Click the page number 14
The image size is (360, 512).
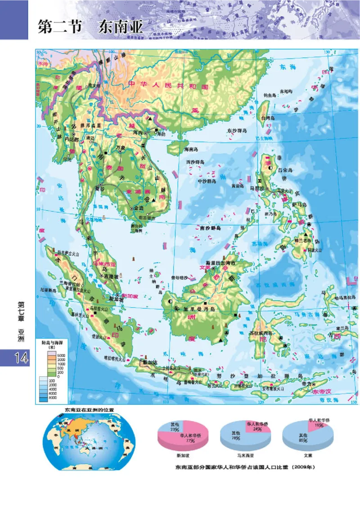pos(15,358)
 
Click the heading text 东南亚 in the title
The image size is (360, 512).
pos(120,27)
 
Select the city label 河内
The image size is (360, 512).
pos(138,133)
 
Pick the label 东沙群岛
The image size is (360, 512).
pos(237,130)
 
